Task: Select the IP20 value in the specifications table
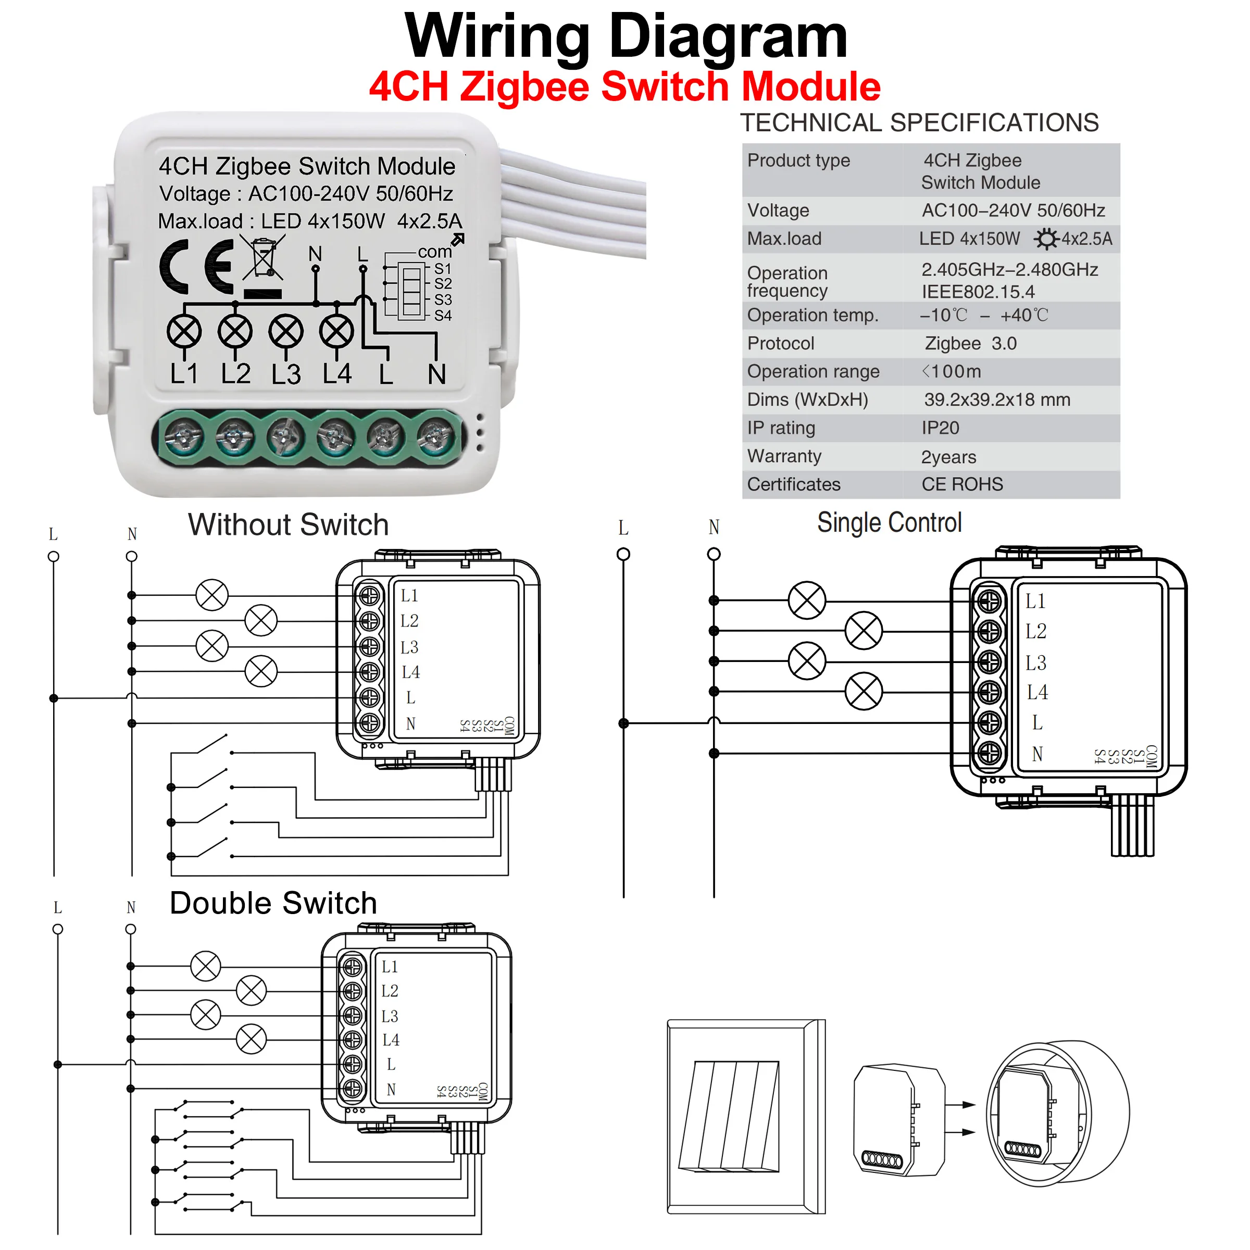click(940, 428)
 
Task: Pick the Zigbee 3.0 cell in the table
click(970, 344)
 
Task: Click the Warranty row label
click(784, 456)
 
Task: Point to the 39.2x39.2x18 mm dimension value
click(997, 400)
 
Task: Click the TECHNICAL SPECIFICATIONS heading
click(919, 123)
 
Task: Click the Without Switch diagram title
click(289, 524)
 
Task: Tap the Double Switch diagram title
click(273, 903)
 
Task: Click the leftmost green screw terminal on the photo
click(184, 438)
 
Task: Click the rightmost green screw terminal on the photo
click(435, 438)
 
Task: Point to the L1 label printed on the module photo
click(184, 374)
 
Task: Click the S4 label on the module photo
click(443, 316)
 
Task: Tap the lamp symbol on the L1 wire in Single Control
click(807, 601)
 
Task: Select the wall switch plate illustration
click(746, 1117)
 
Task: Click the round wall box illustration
click(1057, 1114)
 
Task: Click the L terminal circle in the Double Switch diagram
click(58, 929)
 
